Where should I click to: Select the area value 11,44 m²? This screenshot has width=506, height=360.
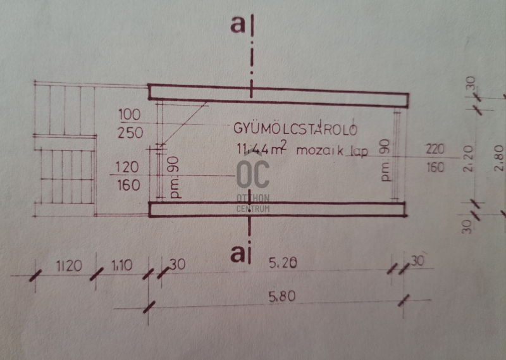[262, 148]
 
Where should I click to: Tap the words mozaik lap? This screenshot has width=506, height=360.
[331, 151]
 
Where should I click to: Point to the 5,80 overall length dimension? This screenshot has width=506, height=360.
[282, 296]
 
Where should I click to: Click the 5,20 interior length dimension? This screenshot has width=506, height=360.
[283, 263]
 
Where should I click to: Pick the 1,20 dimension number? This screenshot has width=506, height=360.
[69, 266]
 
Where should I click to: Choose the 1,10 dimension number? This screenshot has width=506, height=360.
[122, 265]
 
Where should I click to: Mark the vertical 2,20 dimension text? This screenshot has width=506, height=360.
[468, 159]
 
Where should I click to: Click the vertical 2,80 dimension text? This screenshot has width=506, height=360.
[498, 158]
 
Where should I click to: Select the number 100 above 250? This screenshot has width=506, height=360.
[130, 115]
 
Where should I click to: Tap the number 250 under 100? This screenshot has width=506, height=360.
[130, 133]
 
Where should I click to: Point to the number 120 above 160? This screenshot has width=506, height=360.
[127, 167]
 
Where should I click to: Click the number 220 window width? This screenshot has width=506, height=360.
[435, 149]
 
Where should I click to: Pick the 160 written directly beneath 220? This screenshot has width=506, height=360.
[435, 167]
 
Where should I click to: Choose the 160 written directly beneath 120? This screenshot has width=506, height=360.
[129, 185]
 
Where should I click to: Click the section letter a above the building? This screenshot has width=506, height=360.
[238, 24]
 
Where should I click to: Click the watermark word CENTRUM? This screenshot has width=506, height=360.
[253, 209]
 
